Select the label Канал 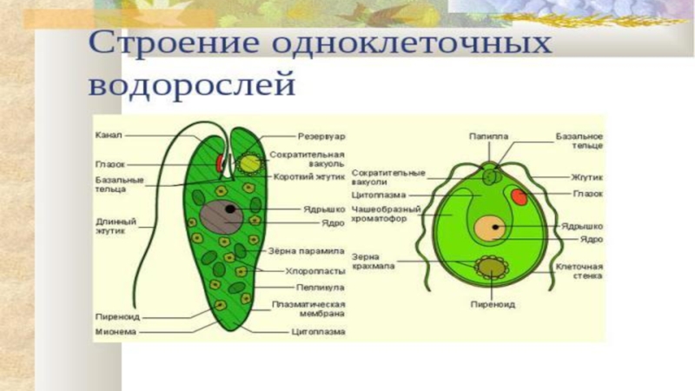coord(109,136)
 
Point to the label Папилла coord(489,136)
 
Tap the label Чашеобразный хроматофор coord(386,215)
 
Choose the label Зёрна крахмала coord(373,262)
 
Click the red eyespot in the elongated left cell coord(218,163)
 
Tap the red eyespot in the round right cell coord(519,196)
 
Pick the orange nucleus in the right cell coord(489,229)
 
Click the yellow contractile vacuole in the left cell coord(250,163)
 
